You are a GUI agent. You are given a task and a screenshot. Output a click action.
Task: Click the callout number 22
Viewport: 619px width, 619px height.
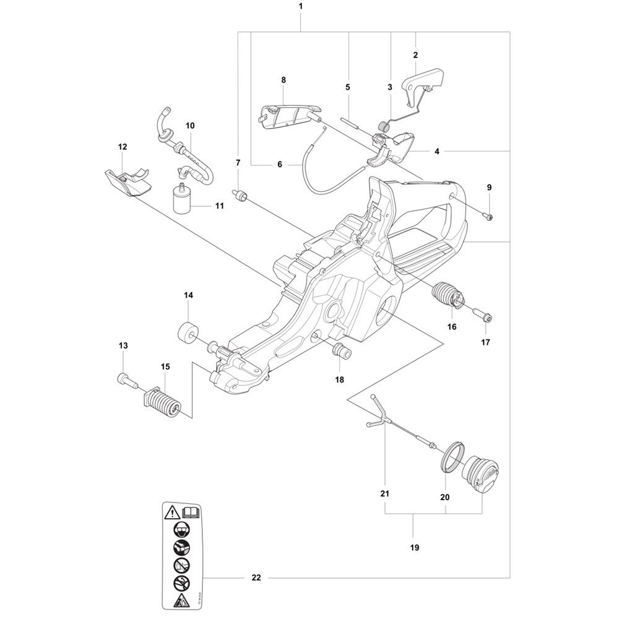(256, 578)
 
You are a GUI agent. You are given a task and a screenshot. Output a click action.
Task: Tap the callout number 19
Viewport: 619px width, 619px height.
(415, 548)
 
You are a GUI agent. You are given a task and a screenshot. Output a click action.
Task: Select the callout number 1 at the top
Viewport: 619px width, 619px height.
(301, 6)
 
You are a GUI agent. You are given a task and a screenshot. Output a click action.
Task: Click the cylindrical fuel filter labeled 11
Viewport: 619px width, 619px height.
(181, 199)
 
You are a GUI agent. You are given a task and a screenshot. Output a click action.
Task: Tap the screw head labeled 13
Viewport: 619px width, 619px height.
(126, 379)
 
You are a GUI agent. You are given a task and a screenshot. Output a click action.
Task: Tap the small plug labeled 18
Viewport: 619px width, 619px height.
(340, 350)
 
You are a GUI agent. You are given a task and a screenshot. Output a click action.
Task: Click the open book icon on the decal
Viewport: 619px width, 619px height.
(192, 513)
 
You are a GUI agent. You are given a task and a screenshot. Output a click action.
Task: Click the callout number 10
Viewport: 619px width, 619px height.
(190, 126)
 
